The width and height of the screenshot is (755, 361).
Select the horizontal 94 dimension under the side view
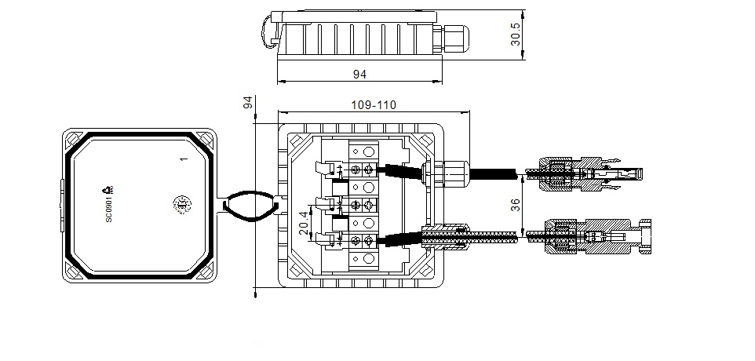tap(360, 75)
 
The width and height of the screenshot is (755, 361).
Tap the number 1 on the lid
tap(182, 159)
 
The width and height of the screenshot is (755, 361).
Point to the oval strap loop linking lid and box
tap(250, 207)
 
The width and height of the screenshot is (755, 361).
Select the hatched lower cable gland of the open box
tap(446, 235)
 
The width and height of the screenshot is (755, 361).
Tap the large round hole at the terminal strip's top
tap(366, 150)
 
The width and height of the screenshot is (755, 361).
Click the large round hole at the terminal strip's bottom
tap(366, 260)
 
